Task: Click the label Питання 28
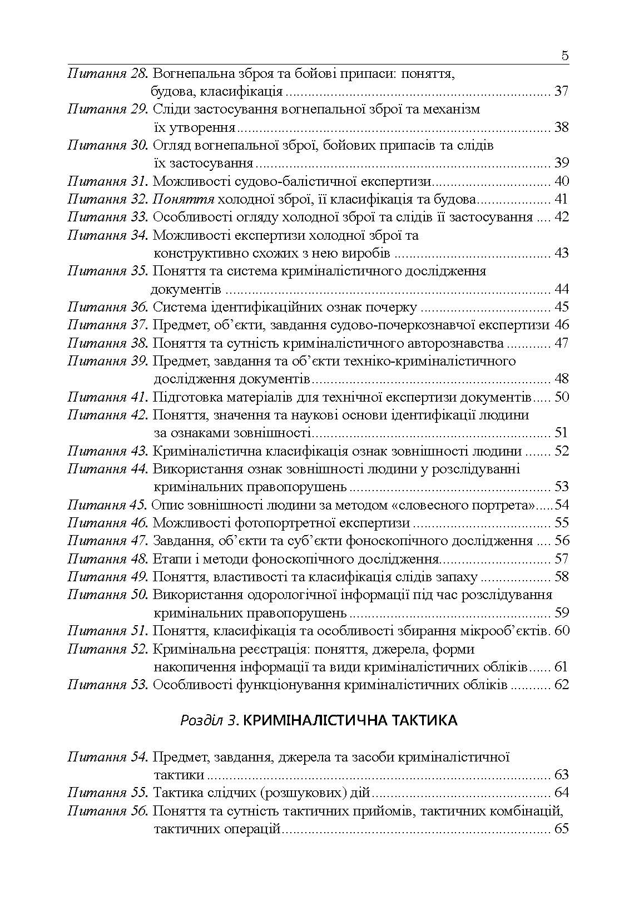coord(107,73)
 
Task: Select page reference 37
coord(562,91)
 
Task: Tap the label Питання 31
coord(107,181)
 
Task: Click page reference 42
coord(562,217)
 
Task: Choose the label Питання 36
coord(107,307)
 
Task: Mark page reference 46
coord(562,325)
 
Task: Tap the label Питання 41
coord(107,397)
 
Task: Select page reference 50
coord(562,397)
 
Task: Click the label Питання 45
coord(107,505)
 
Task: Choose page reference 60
coord(562,631)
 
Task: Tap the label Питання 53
coord(107,685)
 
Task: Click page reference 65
coord(562,829)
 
